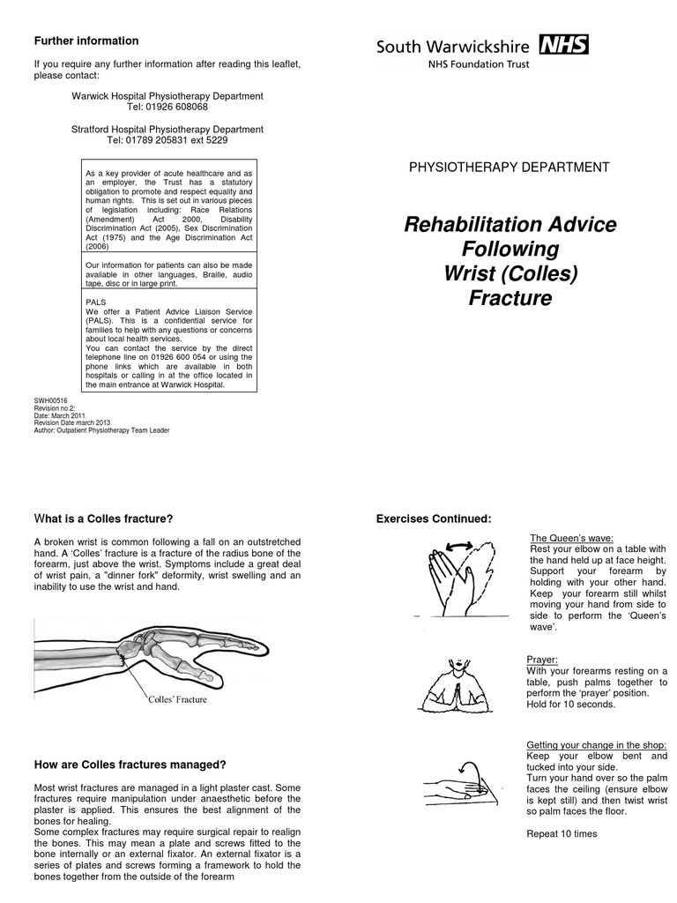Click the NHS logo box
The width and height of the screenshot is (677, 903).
pyautogui.click(x=564, y=45)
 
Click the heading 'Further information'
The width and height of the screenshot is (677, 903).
pyautogui.click(x=86, y=41)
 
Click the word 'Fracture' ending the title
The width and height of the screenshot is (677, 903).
pyautogui.click(x=510, y=299)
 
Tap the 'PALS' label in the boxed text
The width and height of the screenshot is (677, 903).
pyautogui.click(x=95, y=302)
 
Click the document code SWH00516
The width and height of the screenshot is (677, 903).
pyautogui.click(x=50, y=401)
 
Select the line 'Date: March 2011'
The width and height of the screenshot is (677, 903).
pyautogui.click(x=60, y=415)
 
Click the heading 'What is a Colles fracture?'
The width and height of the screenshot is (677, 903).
pyautogui.click(x=102, y=518)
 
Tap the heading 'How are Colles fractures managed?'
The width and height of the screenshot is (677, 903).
pyautogui.click(x=130, y=765)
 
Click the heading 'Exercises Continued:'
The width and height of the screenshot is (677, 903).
pyautogui.click(x=433, y=518)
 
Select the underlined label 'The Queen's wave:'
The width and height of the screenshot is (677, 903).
pyautogui.click(x=571, y=538)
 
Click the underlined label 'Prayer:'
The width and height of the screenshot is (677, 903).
pyautogui.click(x=541, y=659)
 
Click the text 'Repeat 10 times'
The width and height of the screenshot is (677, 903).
pyautogui.click(x=562, y=833)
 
